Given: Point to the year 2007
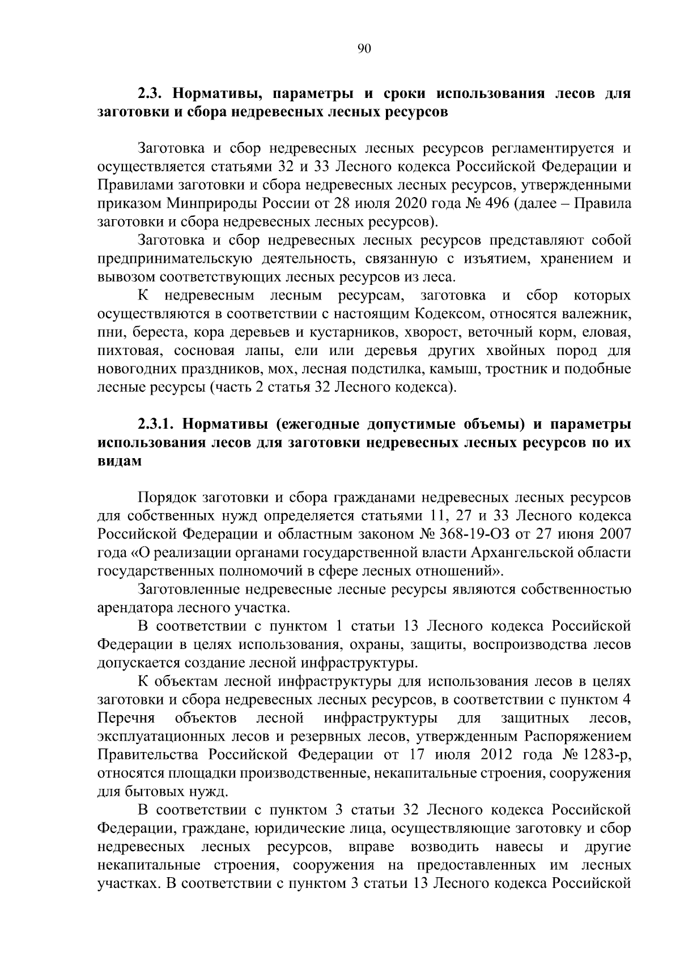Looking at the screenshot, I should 613,535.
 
